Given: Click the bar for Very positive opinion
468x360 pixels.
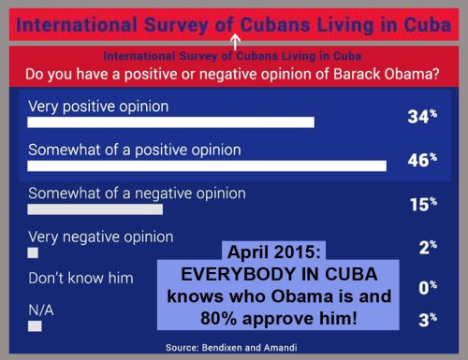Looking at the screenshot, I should (170, 122).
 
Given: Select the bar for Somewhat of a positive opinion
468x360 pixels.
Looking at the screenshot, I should (207, 166).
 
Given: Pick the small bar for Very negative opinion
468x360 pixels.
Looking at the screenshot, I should (33, 252).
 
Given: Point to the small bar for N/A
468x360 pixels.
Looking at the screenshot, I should (35, 326).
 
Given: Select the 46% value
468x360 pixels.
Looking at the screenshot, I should (422, 160).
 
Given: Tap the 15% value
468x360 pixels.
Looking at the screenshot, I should (422, 204).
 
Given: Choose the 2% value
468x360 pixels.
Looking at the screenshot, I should (426, 247).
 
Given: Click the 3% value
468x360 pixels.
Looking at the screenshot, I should (426, 319).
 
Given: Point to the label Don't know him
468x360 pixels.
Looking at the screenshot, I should (80, 278).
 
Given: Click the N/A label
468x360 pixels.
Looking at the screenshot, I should (42, 309).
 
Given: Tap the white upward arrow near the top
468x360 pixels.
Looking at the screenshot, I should (235, 42).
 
